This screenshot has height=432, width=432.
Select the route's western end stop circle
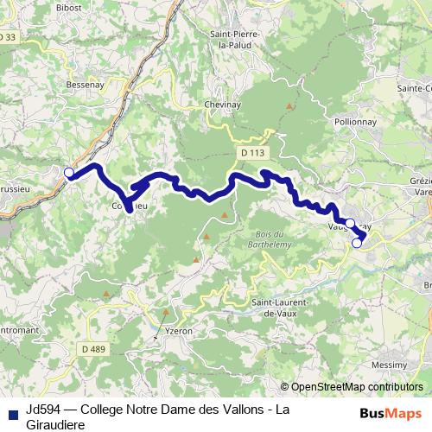pyautogui.click(x=68, y=172)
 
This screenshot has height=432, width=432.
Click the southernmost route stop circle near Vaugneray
pyautogui.click(x=357, y=243)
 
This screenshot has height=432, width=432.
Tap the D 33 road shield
pyautogui.click(x=8, y=37)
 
